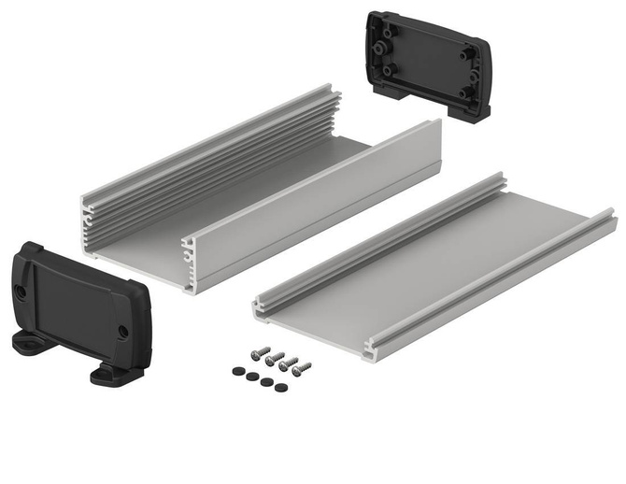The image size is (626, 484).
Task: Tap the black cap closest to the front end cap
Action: [x=238, y=371]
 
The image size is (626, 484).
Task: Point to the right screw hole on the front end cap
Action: [x=122, y=330]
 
